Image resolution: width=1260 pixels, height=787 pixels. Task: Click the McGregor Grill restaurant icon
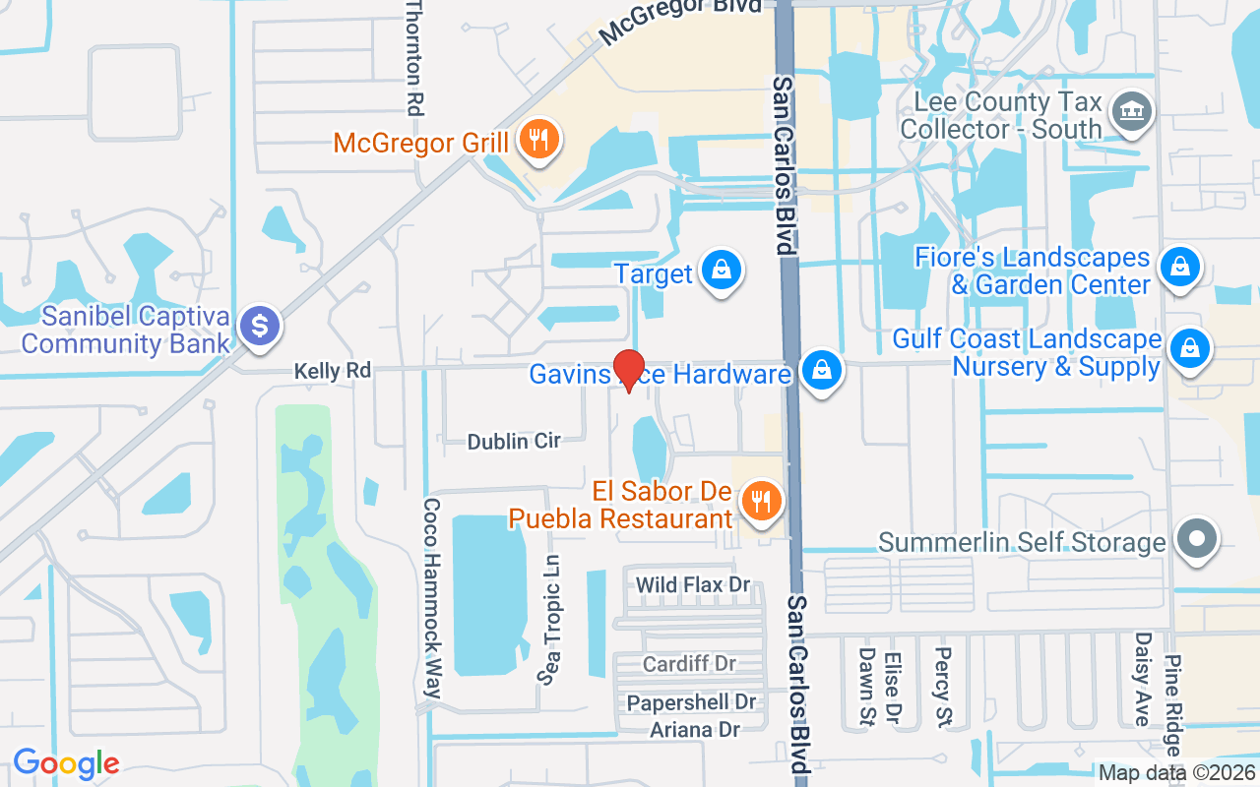tap(537, 140)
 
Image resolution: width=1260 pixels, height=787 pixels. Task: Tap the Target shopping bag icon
tap(722, 271)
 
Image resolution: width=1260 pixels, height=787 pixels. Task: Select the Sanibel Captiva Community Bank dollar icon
tap(261, 327)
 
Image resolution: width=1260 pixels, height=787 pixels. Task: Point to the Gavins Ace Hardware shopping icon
tap(819, 372)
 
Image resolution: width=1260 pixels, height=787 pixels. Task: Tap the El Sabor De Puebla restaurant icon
tap(761, 503)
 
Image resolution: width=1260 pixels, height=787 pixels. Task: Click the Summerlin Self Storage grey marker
tap(1197, 539)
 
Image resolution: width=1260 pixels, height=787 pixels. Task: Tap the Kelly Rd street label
tap(333, 371)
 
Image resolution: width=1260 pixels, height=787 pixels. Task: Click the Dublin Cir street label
tap(514, 442)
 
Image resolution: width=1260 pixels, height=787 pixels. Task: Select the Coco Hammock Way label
tap(431, 598)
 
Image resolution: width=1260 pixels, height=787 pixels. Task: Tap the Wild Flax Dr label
tap(693, 585)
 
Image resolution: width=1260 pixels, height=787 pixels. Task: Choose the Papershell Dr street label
tap(692, 702)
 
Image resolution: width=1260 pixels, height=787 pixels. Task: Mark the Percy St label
tap(943, 686)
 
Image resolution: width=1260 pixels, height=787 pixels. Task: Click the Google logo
tap(66, 763)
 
